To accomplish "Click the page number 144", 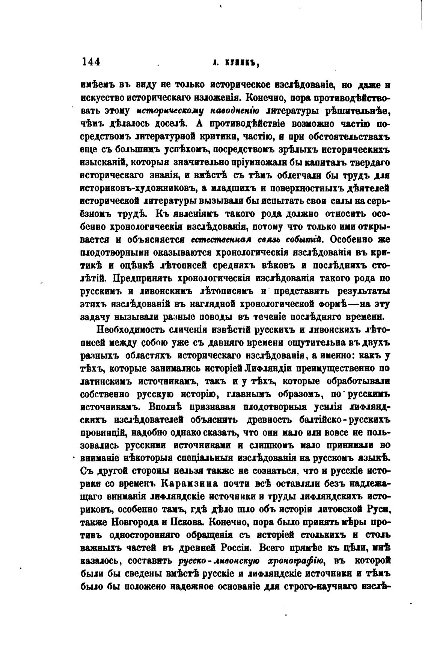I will tap(91, 62).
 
